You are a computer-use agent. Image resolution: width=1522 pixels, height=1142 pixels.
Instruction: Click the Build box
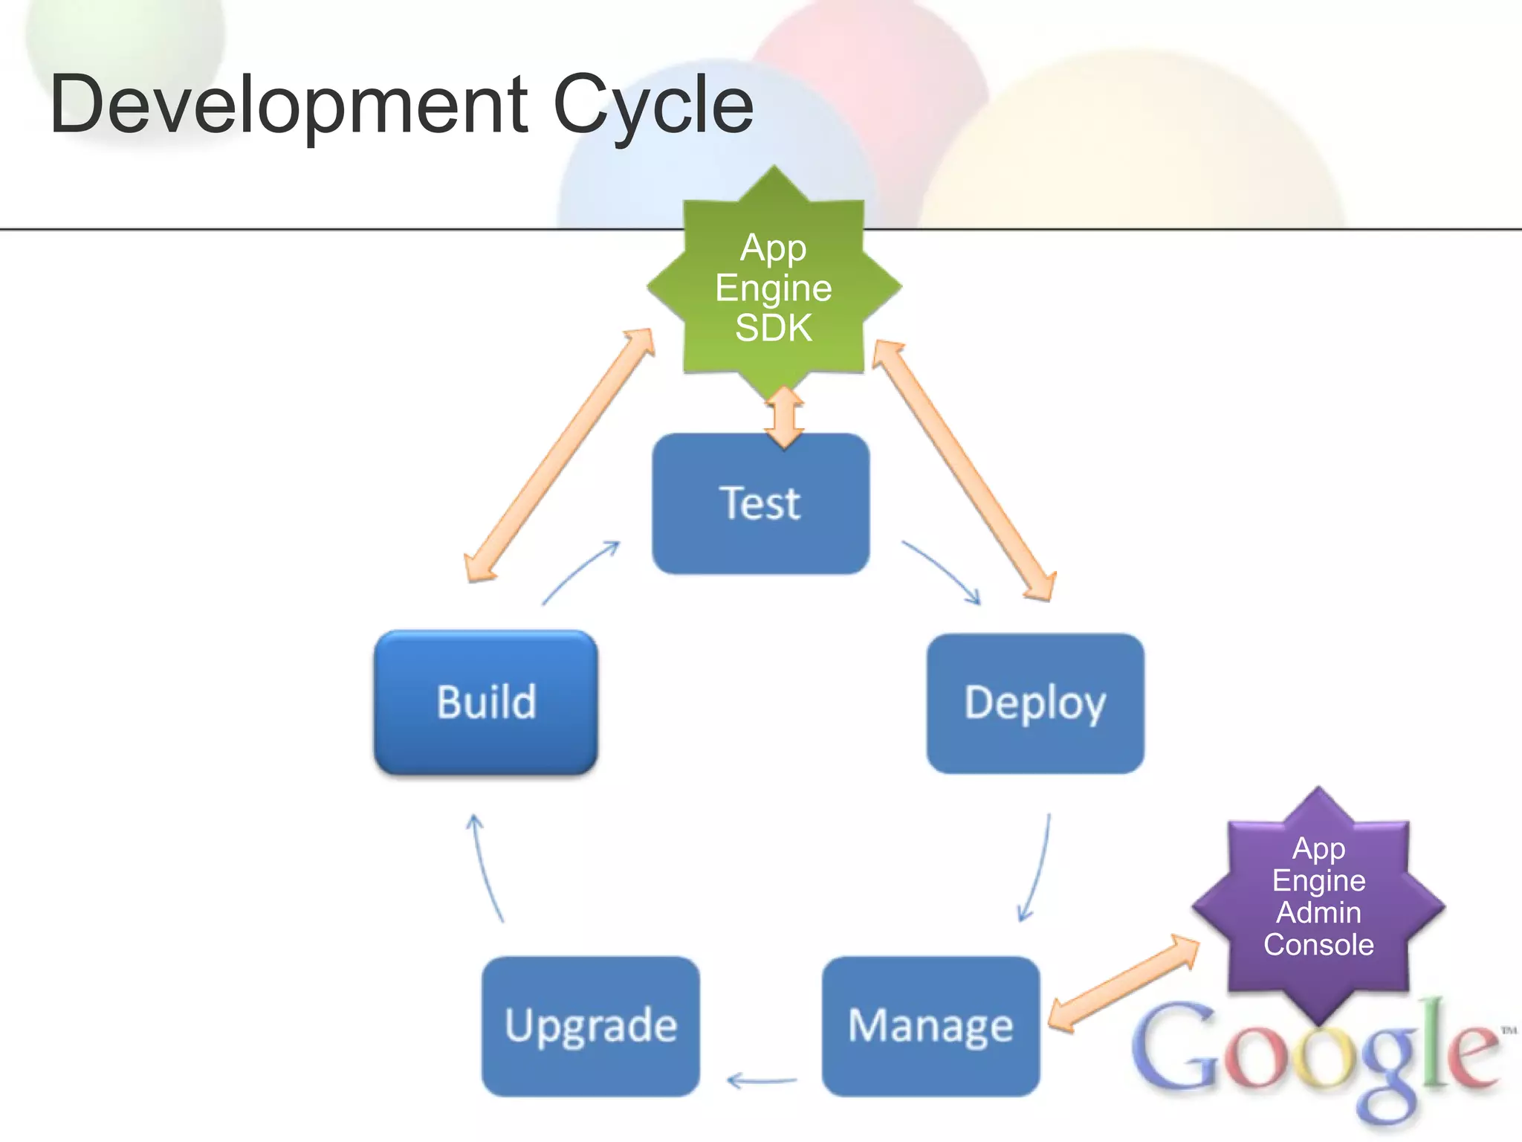point(486,703)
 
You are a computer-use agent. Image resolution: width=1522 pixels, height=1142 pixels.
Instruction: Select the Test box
point(760,503)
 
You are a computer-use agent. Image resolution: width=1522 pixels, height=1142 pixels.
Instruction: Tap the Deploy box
point(1035,703)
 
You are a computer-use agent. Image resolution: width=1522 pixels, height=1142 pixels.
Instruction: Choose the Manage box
point(930,1026)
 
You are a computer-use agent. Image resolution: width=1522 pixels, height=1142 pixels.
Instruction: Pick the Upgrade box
point(591,1026)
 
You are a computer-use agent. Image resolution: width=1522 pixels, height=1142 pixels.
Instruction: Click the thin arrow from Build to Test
point(580,572)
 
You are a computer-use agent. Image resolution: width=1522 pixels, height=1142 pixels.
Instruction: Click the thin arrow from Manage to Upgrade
point(762,1080)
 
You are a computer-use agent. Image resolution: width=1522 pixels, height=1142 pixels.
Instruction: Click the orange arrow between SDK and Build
point(559,455)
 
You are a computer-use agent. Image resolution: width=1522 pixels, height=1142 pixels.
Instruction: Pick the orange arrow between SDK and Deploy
point(965,470)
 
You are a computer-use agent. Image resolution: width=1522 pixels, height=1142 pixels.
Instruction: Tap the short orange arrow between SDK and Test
point(784,417)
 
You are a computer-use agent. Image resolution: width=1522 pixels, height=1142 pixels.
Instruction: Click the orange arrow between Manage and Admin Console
point(1123,984)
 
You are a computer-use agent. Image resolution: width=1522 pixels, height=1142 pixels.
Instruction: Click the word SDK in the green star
point(774,328)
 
